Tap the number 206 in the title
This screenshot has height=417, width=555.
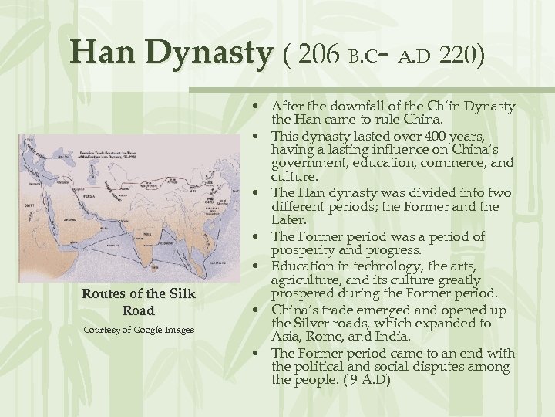pos(316,55)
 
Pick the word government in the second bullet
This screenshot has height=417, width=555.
pos(307,164)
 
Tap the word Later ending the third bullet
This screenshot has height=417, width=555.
pos(285,221)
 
